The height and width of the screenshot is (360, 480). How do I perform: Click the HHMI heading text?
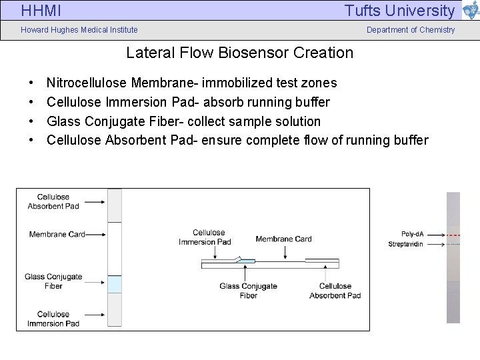(41, 11)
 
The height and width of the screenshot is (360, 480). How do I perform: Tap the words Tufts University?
(399, 11)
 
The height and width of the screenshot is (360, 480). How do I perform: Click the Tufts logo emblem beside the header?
(469, 11)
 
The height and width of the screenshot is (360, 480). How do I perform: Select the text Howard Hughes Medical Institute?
(79, 30)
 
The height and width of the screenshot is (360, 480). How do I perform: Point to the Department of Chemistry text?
(411, 30)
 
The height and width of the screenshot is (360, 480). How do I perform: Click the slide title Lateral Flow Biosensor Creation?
(240, 52)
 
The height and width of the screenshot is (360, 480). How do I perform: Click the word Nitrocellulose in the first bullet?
(87, 83)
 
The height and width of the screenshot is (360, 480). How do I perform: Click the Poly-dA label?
(413, 234)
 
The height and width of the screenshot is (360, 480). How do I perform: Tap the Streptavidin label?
(406, 244)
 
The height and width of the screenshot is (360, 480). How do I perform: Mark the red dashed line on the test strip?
(453, 235)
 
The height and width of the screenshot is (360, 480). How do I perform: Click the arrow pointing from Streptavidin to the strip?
(436, 245)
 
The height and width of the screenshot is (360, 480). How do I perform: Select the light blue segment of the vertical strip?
(115, 285)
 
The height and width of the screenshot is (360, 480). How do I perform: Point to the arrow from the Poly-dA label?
(436, 235)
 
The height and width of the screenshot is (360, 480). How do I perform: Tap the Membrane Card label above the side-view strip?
(283, 239)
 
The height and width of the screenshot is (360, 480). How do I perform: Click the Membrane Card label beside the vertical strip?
(57, 234)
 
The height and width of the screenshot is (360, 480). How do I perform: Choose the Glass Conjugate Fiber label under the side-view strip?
(248, 291)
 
